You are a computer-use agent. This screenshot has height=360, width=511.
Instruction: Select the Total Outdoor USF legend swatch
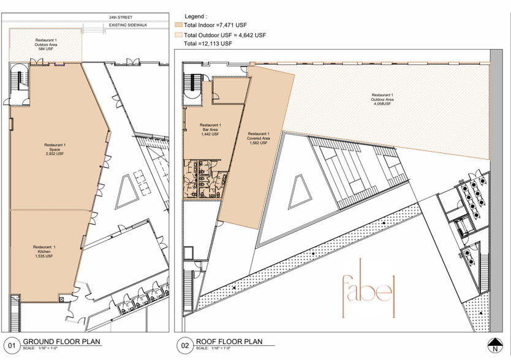(x=178, y=35)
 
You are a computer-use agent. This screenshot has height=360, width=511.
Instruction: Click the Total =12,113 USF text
(x=208, y=44)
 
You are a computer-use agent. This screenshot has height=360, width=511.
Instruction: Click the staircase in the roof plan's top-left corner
(x=192, y=83)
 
